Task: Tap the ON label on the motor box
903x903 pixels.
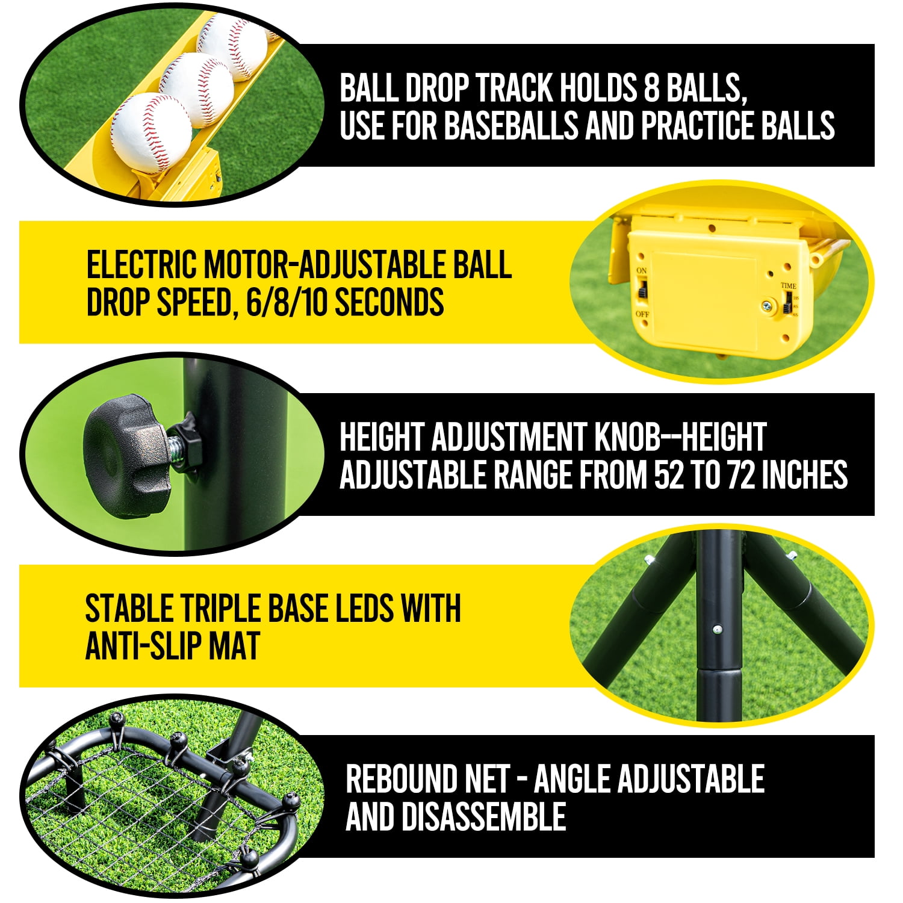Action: coord(642,271)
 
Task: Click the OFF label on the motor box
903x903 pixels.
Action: coord(642,314)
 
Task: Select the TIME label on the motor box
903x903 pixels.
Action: coord(788,285)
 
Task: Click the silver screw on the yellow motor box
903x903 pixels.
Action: coord(766,306)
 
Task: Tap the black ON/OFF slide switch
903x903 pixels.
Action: coord(642,292)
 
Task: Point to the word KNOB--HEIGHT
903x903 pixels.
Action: coord(680,437)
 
